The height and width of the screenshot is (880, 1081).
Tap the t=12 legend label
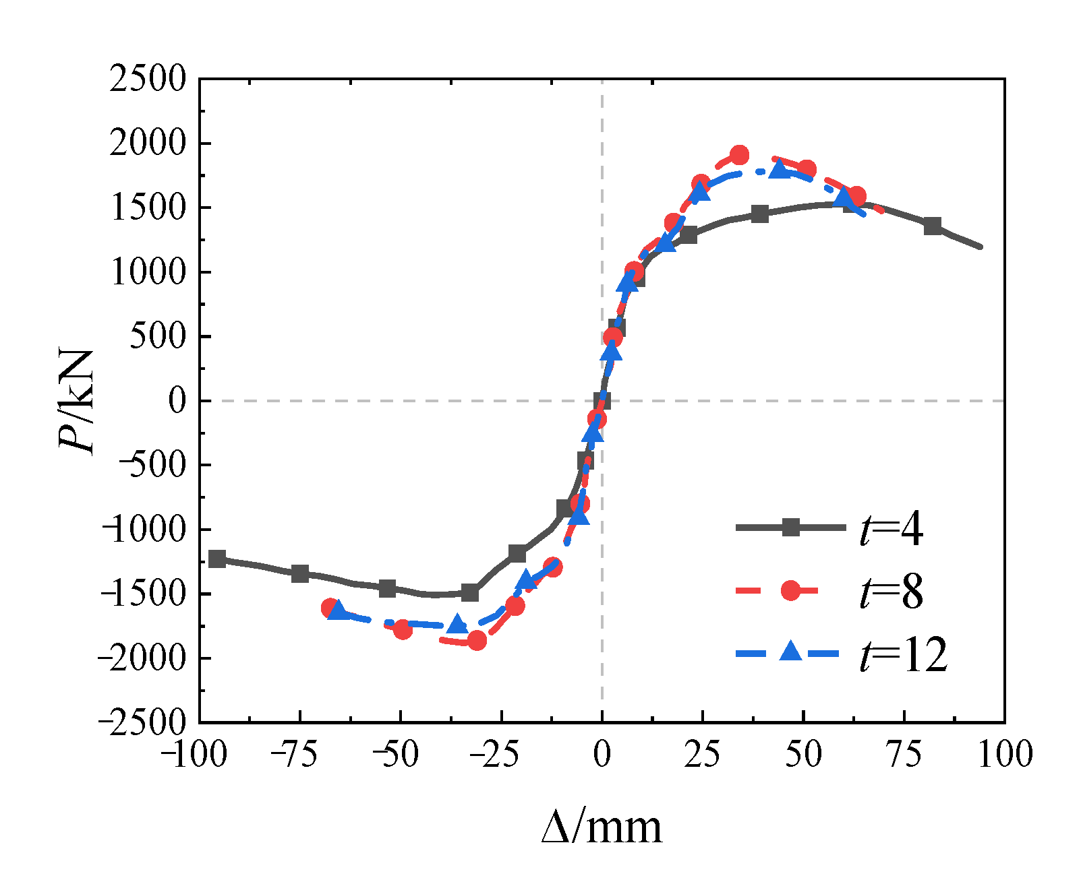[904, 655]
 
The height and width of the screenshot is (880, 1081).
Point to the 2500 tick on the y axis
[148, 79]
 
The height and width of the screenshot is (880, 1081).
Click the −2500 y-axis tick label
[142, 722]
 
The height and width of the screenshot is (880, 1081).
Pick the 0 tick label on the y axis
[177, 401]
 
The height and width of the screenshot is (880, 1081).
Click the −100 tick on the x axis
[194, 754]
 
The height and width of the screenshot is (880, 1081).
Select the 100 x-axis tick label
[1004, 754]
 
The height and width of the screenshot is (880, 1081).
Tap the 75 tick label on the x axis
[904, 754]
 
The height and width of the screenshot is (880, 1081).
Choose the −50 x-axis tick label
[396, 754]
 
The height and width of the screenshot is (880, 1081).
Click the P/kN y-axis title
[76, 402]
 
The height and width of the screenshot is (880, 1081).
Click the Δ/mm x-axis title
[602, 827]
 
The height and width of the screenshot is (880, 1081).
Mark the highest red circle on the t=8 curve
[739, 155]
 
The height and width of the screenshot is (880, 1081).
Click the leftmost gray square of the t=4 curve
[217, 559]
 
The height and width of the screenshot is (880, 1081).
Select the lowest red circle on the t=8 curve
[477, 640]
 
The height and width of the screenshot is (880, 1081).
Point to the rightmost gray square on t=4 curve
[933, 226]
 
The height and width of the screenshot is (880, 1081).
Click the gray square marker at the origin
[602, 401]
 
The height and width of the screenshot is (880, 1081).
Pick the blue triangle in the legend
[790, 652]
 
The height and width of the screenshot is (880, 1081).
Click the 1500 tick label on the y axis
[148, 208]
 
